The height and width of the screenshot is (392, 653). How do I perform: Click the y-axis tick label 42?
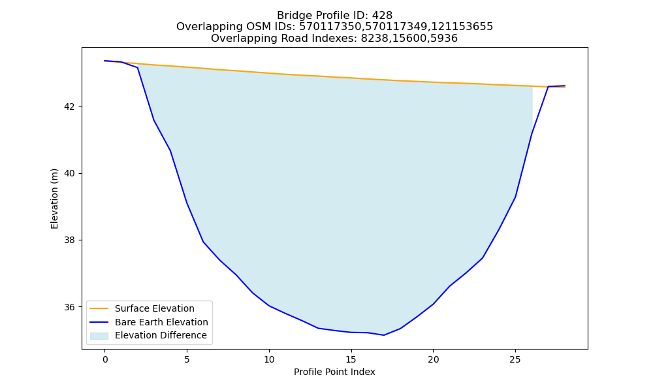(x=69, y=106)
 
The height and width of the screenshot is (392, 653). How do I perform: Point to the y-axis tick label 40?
(x=69, y=173)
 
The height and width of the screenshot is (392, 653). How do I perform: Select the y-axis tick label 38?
(x=69, y=240)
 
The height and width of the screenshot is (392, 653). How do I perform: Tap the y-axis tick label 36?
(x=69, y=307)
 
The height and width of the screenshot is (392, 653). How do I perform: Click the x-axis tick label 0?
(x=105, y=359)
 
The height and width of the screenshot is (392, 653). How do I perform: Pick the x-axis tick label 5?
(x=187, y=359)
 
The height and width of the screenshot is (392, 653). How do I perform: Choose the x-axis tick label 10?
(x=269, y=359)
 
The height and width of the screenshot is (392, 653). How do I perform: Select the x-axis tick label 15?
(x=351, y=359)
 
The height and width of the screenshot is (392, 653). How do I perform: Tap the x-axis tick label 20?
(x=433, y=359)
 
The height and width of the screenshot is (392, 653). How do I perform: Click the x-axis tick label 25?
(x=515, y=359)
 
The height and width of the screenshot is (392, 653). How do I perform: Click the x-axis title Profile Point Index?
(x=334, y=372)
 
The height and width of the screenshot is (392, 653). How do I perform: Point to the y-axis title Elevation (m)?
(x=54, y=199)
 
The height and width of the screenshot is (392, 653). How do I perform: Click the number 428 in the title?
(x=382, y=16)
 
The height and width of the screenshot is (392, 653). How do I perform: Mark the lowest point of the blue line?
(x=383, y=335)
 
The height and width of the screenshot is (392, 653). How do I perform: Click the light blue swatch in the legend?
(x=99, y=336)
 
